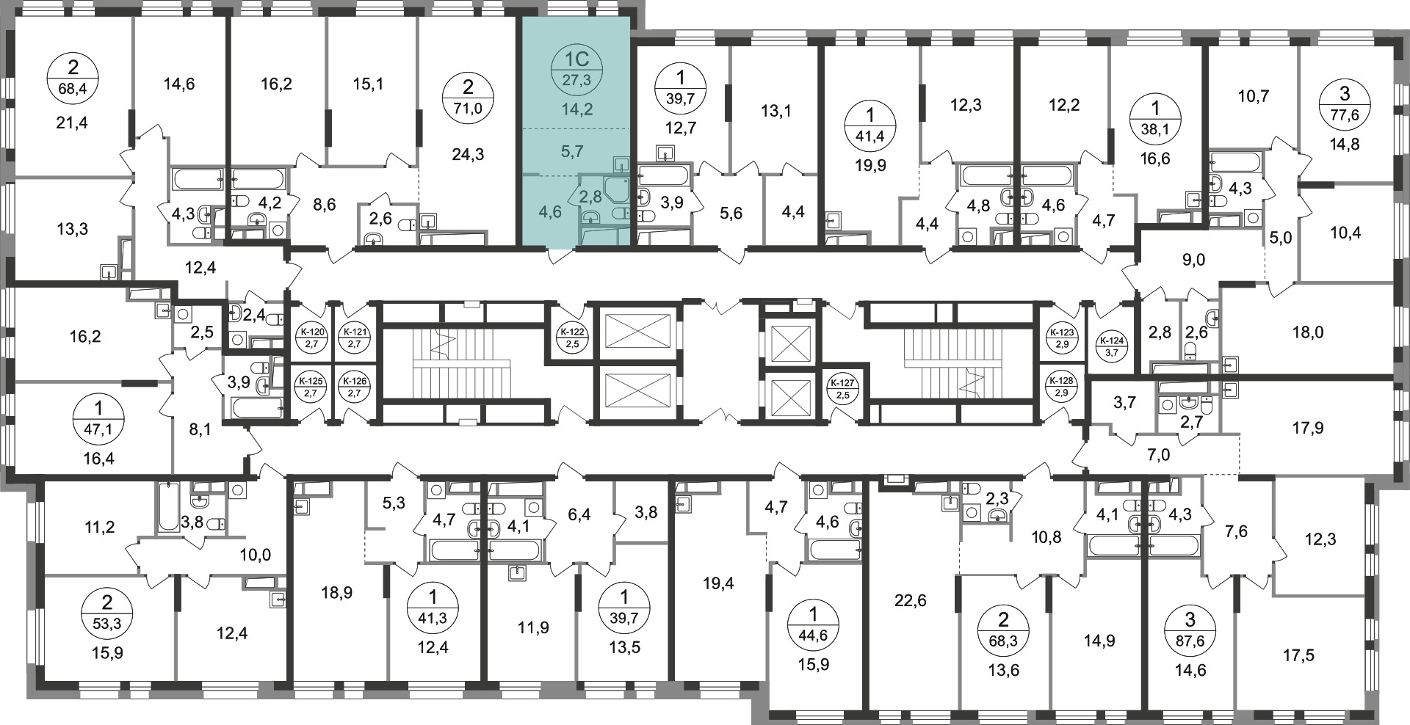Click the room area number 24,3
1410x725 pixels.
(x=469, y=155)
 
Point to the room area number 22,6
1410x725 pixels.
(x=911, y=601)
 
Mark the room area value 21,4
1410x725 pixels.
(x=72, y=123)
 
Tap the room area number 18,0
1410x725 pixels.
(x=1308, y=332)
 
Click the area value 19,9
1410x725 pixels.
(x=870, y=165)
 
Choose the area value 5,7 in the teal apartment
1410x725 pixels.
(x=571, y=152)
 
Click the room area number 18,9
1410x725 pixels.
(x=338, y=592)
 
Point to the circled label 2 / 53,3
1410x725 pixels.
(x=107, y=613)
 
